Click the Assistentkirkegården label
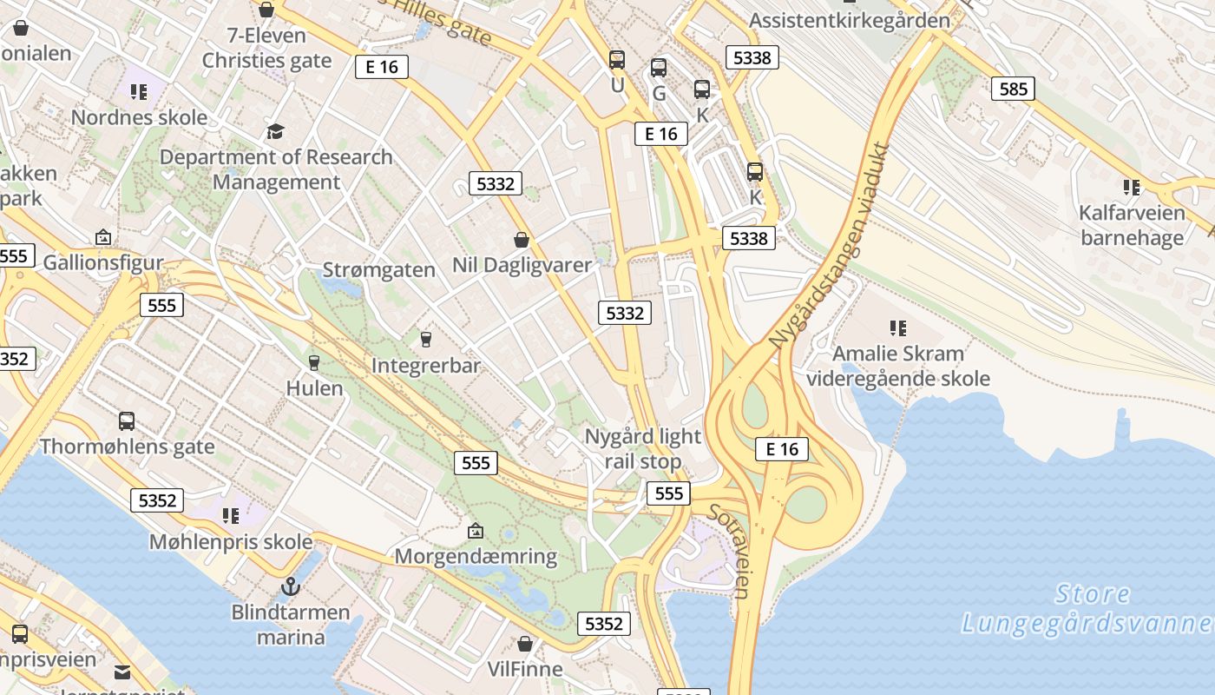pos(850,19)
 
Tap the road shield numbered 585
pos(1013,88)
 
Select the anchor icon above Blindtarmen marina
pos(291,586)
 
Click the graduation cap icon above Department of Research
pos(275,131)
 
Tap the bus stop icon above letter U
pos(617,60)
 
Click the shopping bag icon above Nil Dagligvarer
pos(522,239)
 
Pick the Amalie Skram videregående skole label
pos(898,366)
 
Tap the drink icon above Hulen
pos(314,362)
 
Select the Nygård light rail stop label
pos(643,448)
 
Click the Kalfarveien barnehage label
pos(1132,225)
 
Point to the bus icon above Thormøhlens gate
pos(127,421)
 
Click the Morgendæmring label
pos(476,556)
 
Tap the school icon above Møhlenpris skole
pos(230,516)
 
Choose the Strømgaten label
pos(379,269)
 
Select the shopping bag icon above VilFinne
pos(524,644)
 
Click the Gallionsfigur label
pos(103,262)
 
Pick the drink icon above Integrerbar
pos(425,339)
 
